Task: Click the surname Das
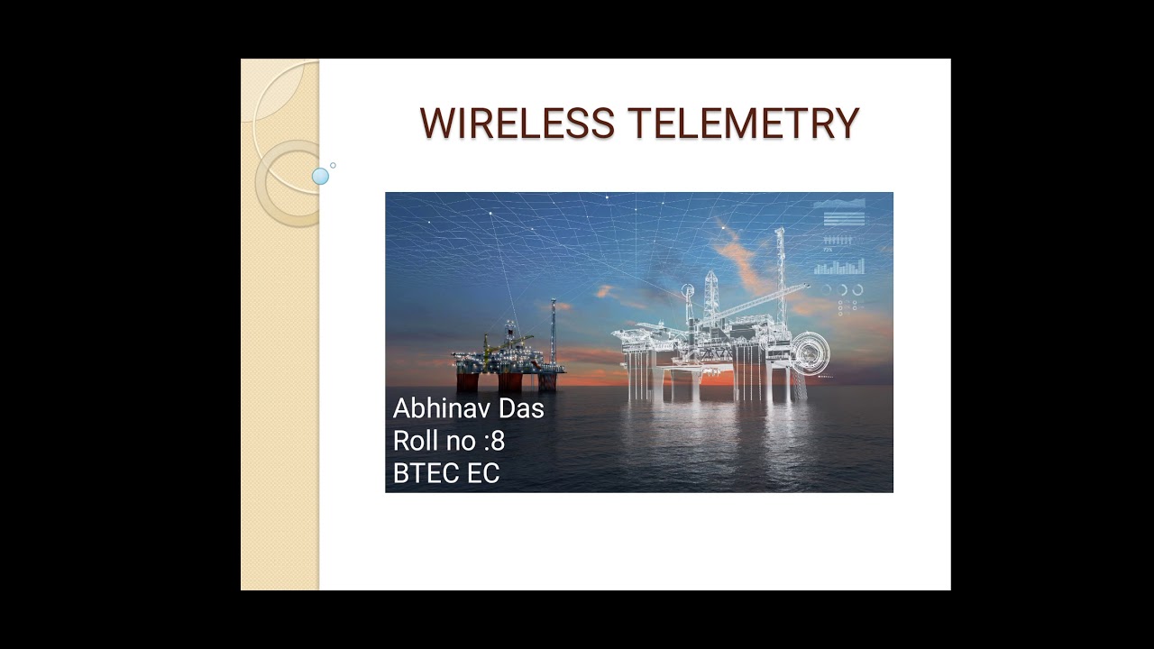[x=522, y=409]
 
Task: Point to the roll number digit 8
[x=498, y=442]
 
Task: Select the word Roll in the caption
[x=413, y=442]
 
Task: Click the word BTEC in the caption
[x=421, y=473]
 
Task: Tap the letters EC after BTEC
[x=482, y=473]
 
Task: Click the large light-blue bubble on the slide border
[x=320, y=177]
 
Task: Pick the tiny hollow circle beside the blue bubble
[x=333, y=165]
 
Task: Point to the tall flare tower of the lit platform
[x=553, y=329]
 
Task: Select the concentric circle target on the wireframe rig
[x=809, y=351]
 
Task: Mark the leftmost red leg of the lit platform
[x=466, y=380]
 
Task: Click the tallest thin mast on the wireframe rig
[x=780, y=270]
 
